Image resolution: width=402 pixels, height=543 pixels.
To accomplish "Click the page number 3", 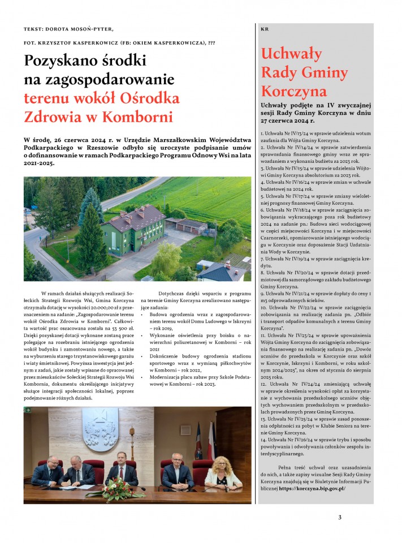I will coord(340,516).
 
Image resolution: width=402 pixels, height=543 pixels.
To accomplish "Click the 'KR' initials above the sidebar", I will coord(265,29).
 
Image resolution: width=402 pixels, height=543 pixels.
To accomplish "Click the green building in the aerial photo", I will coord(133,229).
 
